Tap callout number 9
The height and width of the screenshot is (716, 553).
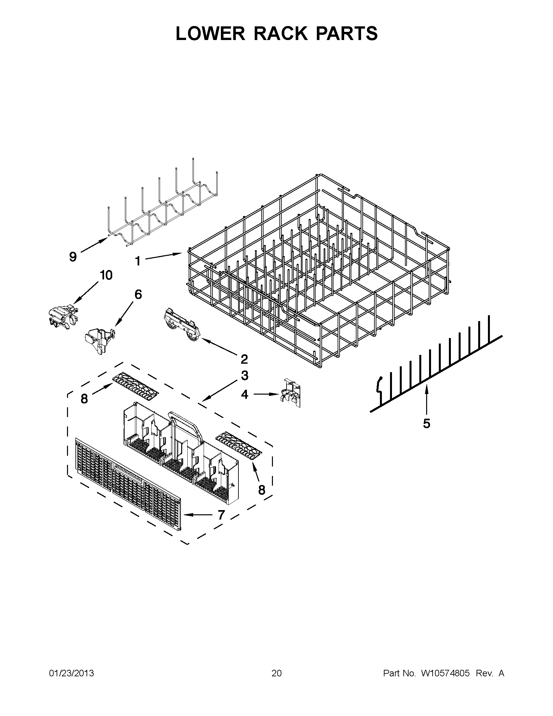(73, 257)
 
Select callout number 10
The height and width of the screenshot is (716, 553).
(106, 275)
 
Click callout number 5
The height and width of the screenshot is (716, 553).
(426, 424)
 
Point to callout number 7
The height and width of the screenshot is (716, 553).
(221, 515)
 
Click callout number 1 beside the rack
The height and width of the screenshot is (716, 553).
(138, 261)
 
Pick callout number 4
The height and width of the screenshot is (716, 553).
(245, 394)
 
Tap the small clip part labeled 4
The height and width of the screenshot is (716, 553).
(290, 393)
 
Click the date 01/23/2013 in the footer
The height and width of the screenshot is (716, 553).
(72, 673)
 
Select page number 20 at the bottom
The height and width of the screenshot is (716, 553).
(276, 673)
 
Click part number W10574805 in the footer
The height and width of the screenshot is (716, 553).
(445, 673)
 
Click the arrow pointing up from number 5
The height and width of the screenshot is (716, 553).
(426, 400)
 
